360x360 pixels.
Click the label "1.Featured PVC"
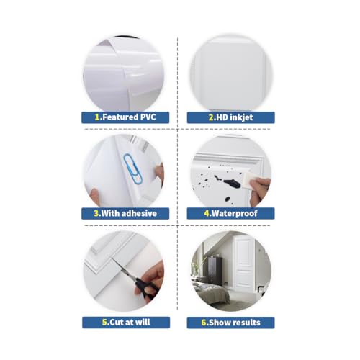pos(125,116)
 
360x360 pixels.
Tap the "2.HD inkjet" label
pos(230,116)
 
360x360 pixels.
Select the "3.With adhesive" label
pos(125,213)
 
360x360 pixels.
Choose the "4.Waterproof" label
pos(230,213)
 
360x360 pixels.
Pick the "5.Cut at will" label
pos(125,322)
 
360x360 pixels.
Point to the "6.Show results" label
pos(230,322)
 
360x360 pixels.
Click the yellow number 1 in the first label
pos(97,116)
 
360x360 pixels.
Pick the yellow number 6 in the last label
pos(204,322)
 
